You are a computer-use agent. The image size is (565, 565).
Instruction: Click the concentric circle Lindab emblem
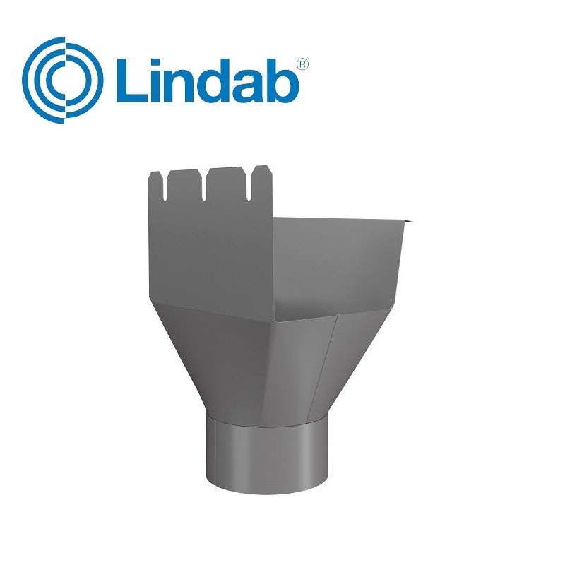click(x=62, y=81)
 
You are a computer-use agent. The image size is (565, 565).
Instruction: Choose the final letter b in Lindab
click(x=285, y=81)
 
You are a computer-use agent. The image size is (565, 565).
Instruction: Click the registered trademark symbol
click(x=302, y=64)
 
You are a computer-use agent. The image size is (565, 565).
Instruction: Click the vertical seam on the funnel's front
click(x=331, y=360)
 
